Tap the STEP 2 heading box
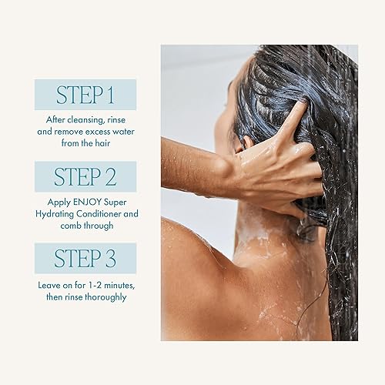(x=85, y=176)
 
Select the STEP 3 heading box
(x=85, y=258)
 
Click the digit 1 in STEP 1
(x=112, y=95)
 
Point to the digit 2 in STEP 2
(x=112, y=177)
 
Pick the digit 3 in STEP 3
(x=112, y=259)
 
